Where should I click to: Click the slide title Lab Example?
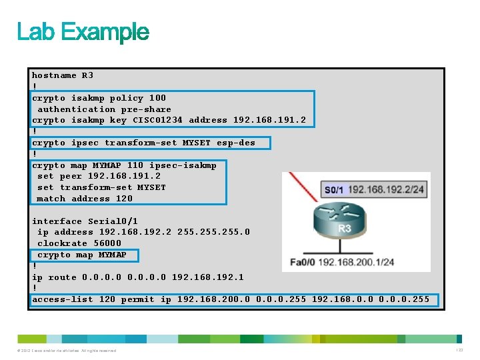(83, 32)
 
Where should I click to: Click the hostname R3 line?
(63, 75)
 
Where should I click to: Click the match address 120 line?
(85, 199)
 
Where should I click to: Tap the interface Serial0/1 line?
(85, 221)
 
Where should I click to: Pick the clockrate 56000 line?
(79, 243)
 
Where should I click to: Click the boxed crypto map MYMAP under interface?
(81, 255)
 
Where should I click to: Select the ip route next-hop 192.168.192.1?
(207, 277)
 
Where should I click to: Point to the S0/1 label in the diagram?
(334, 190)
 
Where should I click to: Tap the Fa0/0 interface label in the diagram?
(302, 261)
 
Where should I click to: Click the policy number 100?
(157, 98)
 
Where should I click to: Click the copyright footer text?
(67, 351)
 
